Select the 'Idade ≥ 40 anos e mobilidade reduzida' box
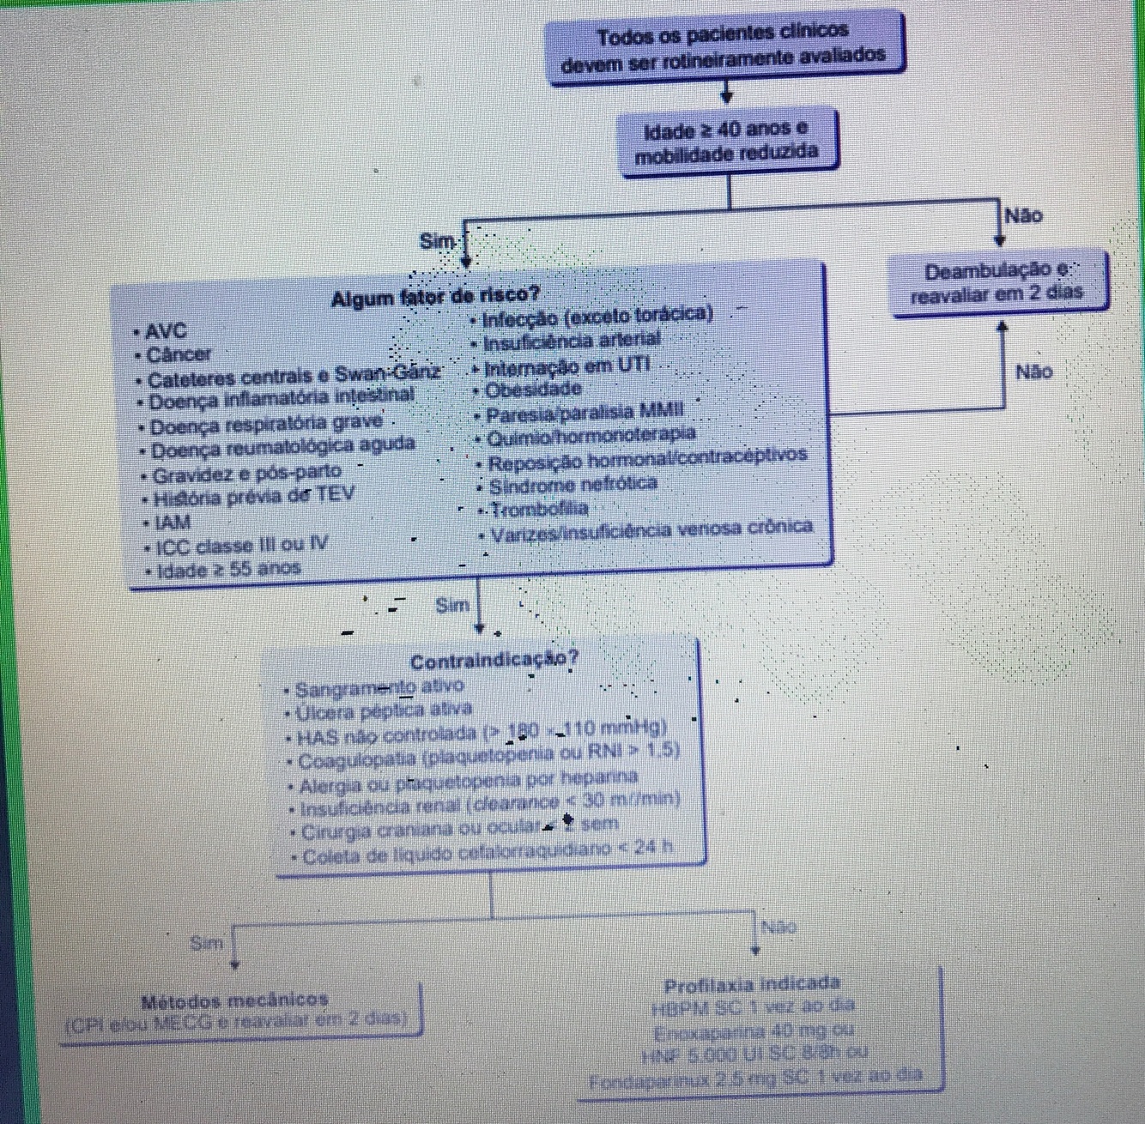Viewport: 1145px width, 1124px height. (726, 142)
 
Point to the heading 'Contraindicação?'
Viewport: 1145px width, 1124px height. (494, 660)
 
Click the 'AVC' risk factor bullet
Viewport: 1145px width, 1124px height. (167, 331)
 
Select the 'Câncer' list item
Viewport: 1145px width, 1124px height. (179, 354)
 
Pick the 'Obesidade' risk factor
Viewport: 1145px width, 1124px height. (533, 390)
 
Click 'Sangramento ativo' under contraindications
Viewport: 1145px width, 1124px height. (379, 687)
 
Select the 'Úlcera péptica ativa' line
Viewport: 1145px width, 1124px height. (383, 710)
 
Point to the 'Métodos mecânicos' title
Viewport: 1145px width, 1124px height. (235, 1000)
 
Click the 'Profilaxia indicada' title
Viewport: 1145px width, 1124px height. (752, 983)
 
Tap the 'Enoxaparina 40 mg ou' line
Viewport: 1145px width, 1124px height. (754, 1030)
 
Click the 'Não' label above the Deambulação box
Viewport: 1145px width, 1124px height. (1023, 215)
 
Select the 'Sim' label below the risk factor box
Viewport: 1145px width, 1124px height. (452, 605)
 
